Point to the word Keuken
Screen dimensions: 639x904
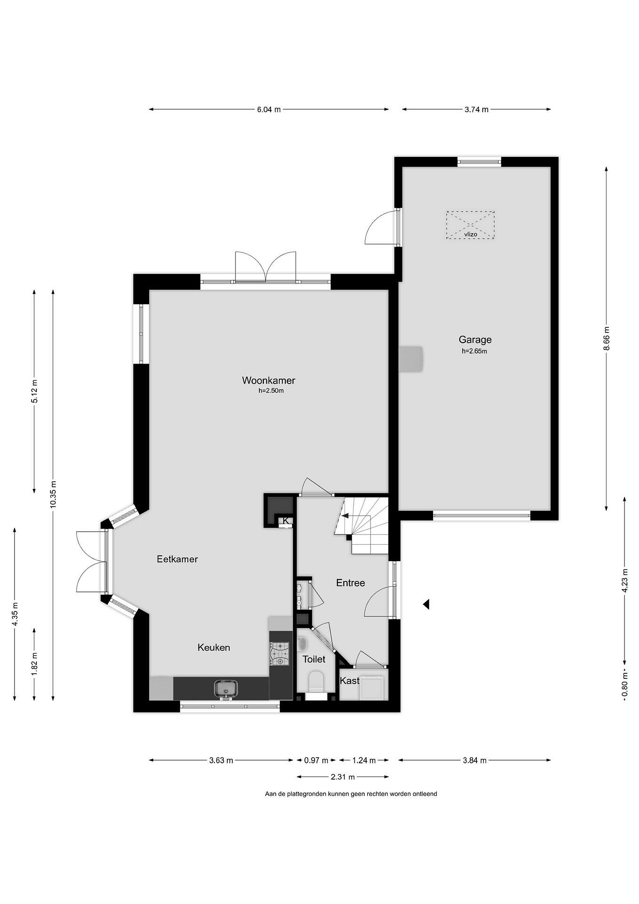214,647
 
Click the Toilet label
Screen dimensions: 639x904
314,659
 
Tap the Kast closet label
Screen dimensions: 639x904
349,681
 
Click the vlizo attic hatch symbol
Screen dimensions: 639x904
470,225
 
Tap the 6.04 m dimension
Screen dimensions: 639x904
269,110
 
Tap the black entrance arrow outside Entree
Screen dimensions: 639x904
426,604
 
